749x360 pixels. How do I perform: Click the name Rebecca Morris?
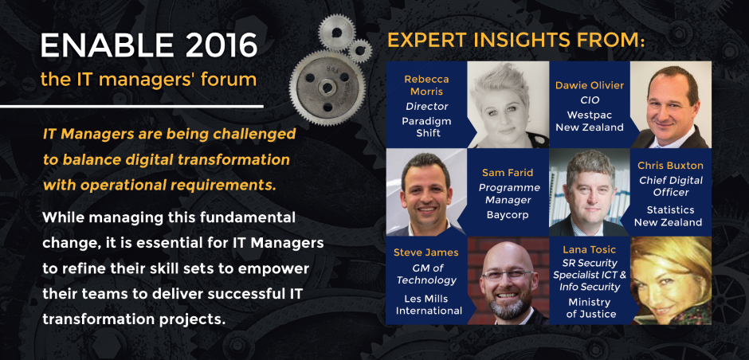coord(426,85)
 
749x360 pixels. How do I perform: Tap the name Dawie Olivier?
coord(590,85)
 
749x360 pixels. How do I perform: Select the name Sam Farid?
coord(508,172)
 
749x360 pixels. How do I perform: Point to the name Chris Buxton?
coord(670,165)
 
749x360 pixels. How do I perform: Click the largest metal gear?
coord(327,88)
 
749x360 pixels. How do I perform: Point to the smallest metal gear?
coord(359,51)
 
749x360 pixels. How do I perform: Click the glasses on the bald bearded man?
coord(508,275)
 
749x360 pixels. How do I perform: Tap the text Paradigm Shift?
coord(426,127)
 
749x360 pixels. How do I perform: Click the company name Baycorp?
coord(508,215)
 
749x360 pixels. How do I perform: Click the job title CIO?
coord(590,100)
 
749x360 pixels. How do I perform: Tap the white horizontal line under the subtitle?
coord(131,106)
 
